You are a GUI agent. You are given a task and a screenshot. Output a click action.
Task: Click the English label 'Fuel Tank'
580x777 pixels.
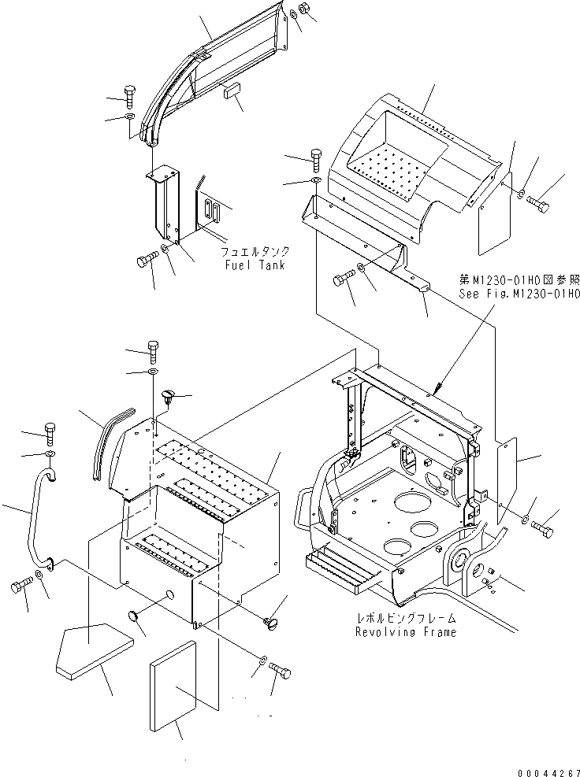coord(255,265)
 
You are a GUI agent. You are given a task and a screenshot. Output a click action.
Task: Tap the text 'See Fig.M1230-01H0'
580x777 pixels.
coord(519,294)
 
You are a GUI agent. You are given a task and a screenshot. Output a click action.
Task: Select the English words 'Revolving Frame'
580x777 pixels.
coord(405,632)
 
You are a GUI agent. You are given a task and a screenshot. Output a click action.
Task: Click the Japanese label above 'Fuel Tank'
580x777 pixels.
coord(255,252)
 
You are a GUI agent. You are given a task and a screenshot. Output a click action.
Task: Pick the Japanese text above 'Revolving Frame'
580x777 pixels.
coord(405,619)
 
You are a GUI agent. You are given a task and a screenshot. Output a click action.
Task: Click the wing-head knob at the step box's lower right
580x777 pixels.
coord(273,623)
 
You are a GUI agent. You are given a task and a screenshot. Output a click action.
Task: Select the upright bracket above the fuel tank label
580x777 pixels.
coord(165,205)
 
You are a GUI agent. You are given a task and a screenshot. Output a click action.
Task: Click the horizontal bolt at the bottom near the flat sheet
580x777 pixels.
coord(281,671)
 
